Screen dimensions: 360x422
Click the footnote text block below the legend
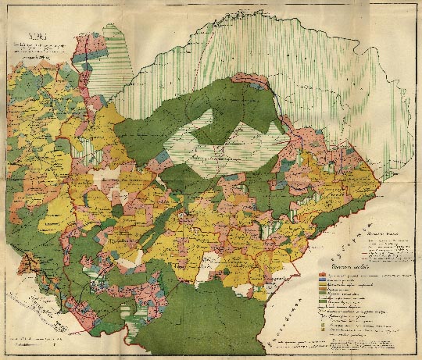(x=363, y=344)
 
